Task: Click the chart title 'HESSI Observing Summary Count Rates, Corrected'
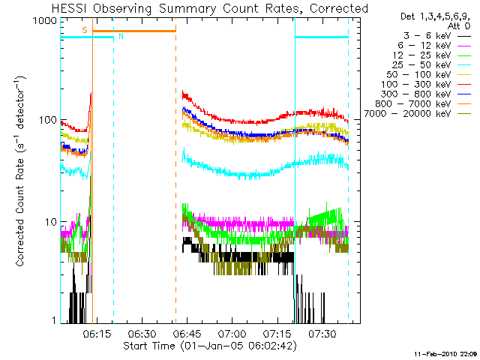pyautogui.click(x=210, y=8)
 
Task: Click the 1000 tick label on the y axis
pyautogui.click(x=44, y=21)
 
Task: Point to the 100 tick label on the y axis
pyautogui.click(x=47, y=119)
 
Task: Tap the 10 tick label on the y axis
pyautogui.click(x=50, y=221)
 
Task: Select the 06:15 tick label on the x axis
pyautogui.click(x=97, y=333)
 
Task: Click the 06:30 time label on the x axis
pyautogui.click(x=142, y=333)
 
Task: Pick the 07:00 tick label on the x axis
pyautogui.click(x=232, y=333)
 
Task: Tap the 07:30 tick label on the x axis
pyautogui.click(x=322, y=333)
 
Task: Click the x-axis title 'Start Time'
pyautogui.click(x=149, y=346)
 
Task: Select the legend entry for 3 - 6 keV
pyautogui.click(x=436, y=36)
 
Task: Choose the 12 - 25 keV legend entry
pyautogui.click(x=432, y=55)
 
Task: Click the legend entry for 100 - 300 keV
pyautogui.click(x=426, y=85)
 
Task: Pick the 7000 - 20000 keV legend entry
pyautogui.click(x=418, y=114)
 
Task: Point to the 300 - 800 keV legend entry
pyautogui.click(x=426, y=94)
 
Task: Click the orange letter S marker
pyautogui.click(x=85, y=30)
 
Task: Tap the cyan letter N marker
pyautogui.click(x=121, y=36)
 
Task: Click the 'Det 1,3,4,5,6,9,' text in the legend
pyautogui.click(x=435, y=16)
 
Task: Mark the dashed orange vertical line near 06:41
pyautogui.click(x=175, y=177)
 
